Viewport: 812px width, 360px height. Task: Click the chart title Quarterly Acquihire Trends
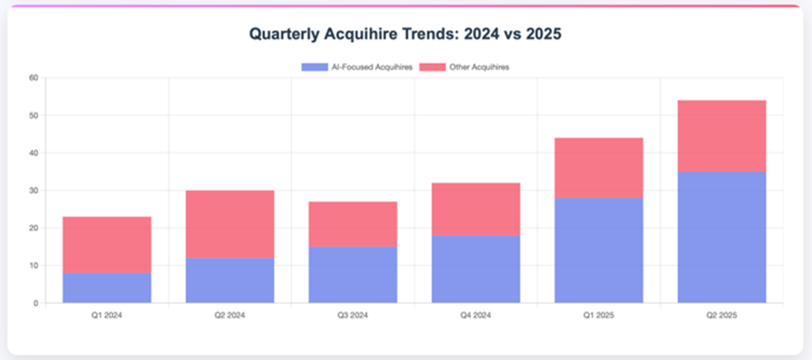pyautogui.click(x=407, y=35)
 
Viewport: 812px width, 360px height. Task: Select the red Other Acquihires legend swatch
pyautogui.click(x=432, y=67)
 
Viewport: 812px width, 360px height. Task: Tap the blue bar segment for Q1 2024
pyautogui.click(x=107, y=288)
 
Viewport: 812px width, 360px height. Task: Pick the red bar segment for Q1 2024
pyautogui.click(x=107, y=245)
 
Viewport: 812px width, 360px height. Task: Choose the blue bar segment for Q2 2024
pyautogui.click(x=230, y=280)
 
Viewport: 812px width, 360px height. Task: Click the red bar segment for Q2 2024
pyautogui.click(x=230, y=224)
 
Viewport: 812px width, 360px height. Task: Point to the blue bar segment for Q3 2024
pyautogui.click(x=353, y=275)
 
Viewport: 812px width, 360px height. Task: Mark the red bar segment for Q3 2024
pyautogui.click(x=353, y=224)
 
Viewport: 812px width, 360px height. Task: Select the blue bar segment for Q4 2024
pyautogui.click(x=476, y=269)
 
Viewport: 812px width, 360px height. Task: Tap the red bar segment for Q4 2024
pyautogui.click(x=476, y=209)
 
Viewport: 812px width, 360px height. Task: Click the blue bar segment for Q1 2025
pyautogui.click(x=599, y=250)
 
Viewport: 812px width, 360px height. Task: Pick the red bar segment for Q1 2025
pyautogui.click(x=599, y=167)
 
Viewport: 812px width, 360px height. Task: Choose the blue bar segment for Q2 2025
pyautogui.click(x=722, y=237)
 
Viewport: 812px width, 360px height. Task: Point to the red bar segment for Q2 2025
pyautogui.click(x=722, y=135)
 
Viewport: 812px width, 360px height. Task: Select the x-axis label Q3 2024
pyautogui.click(x=353, y=316)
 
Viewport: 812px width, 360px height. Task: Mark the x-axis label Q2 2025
pyautogui.click(x=722, y=316)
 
